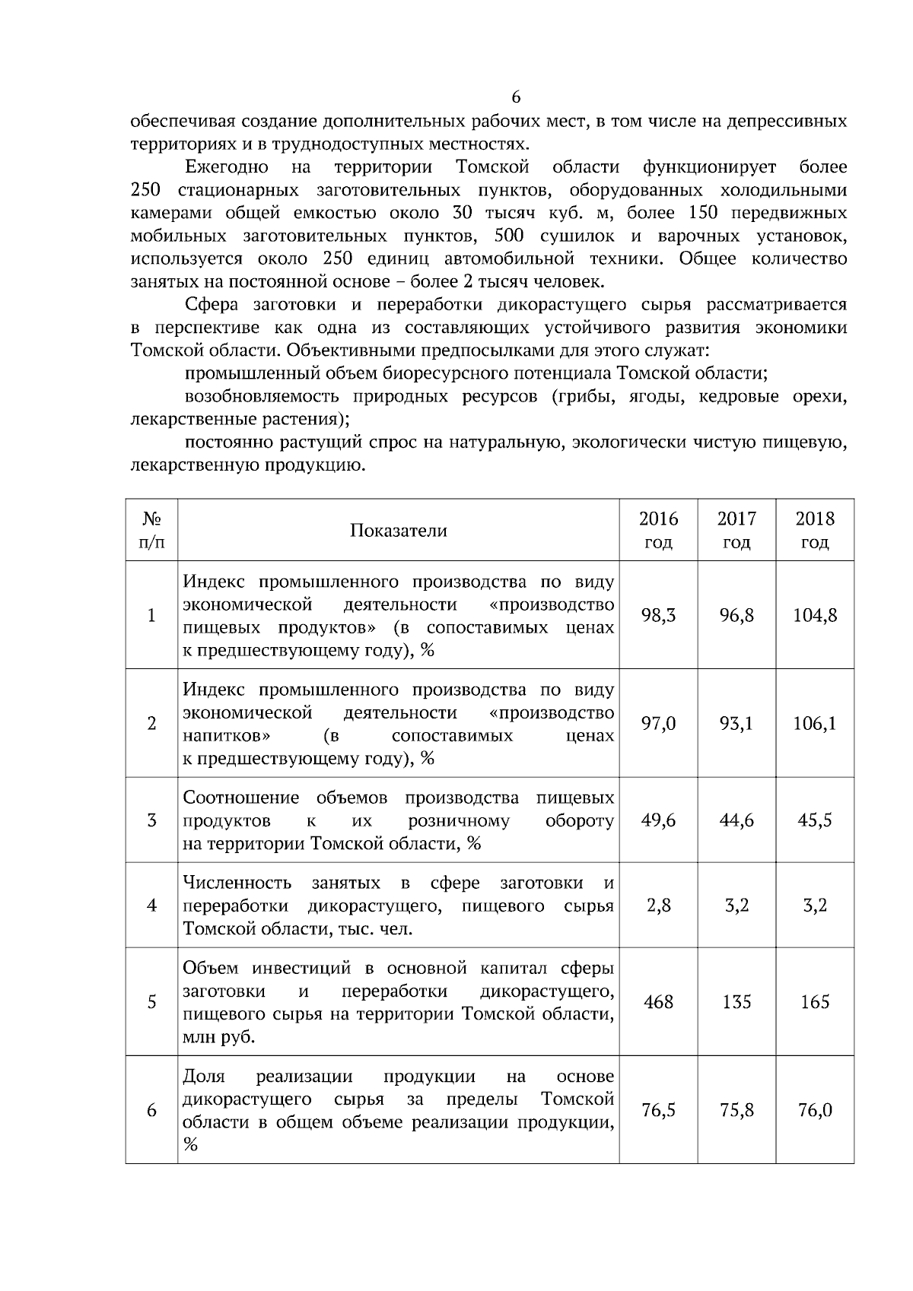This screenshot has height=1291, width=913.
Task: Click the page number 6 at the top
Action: [516, 97]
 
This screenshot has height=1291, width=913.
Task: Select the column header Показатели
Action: [398, 531]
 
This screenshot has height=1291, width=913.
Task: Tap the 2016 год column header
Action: [658, 531]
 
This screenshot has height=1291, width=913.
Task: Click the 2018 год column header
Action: [815, 531]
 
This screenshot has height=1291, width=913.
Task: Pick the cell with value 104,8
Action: [815, 616]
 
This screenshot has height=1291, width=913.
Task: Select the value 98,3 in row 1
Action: [658, 616]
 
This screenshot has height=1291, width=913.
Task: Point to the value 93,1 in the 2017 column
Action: [736, 724]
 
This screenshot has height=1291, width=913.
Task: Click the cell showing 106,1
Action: [815, 724]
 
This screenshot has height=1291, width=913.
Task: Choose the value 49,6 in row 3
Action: [658, 820]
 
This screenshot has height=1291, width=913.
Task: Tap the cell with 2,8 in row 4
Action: [658, 906]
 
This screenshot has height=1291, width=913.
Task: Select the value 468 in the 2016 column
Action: [658, 1002]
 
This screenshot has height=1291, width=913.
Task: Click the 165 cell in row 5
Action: [815, 1002]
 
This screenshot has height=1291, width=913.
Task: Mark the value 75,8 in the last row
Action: [736, 1110]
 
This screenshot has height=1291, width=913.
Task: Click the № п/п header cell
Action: [151, 531]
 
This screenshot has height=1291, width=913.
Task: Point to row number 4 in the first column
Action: [151, 906]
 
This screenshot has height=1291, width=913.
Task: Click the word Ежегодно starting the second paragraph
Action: [226, 167]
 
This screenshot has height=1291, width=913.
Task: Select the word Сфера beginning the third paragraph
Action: [212, 306]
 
